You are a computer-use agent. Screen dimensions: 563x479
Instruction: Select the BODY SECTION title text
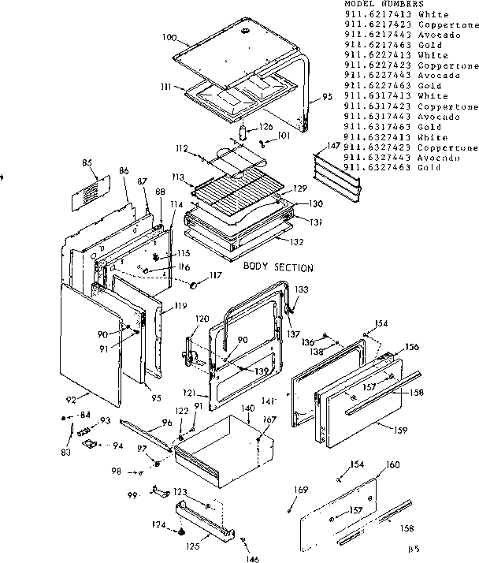tap(278, 268)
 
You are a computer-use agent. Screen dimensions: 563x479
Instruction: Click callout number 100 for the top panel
tap(169, 37)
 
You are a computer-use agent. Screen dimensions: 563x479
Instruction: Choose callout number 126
tap(265, 127)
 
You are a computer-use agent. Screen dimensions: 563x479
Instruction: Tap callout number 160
tap(392, 464)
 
